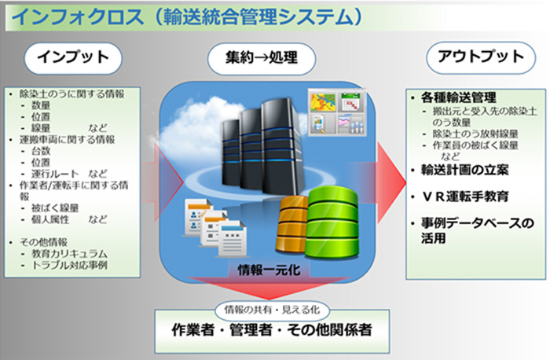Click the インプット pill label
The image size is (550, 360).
click(73, 58)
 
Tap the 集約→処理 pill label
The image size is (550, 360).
click(262, 58)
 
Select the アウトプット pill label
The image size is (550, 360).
click(481, 57)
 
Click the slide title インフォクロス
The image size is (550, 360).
click(78, 17)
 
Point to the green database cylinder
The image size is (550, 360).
click(332, 222)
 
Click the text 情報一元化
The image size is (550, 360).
click(269, 270)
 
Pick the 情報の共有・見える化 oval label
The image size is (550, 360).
click(272, 310)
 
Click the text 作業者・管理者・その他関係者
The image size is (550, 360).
click(272, 330)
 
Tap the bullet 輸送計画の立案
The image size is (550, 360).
click(465, 171)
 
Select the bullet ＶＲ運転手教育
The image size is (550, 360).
click(465, 197)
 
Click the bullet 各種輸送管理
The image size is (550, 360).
click(458, 97)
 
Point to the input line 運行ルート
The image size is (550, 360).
click(56, 174)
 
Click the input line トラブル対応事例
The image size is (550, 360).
click(69, 265)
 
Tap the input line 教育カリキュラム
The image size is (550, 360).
click(69, 254)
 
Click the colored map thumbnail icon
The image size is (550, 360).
click(323, 101)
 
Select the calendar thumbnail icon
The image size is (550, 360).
click(350, 101)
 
